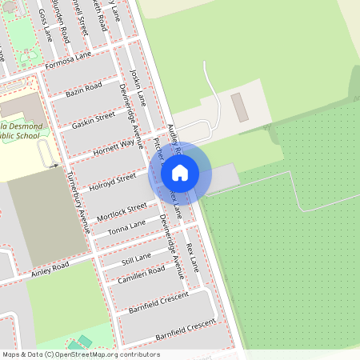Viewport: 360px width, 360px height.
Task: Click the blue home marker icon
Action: pyautogui.click(x=180, y=172)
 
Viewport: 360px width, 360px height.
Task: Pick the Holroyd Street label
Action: pyautogui.click(x=113, y=178)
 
